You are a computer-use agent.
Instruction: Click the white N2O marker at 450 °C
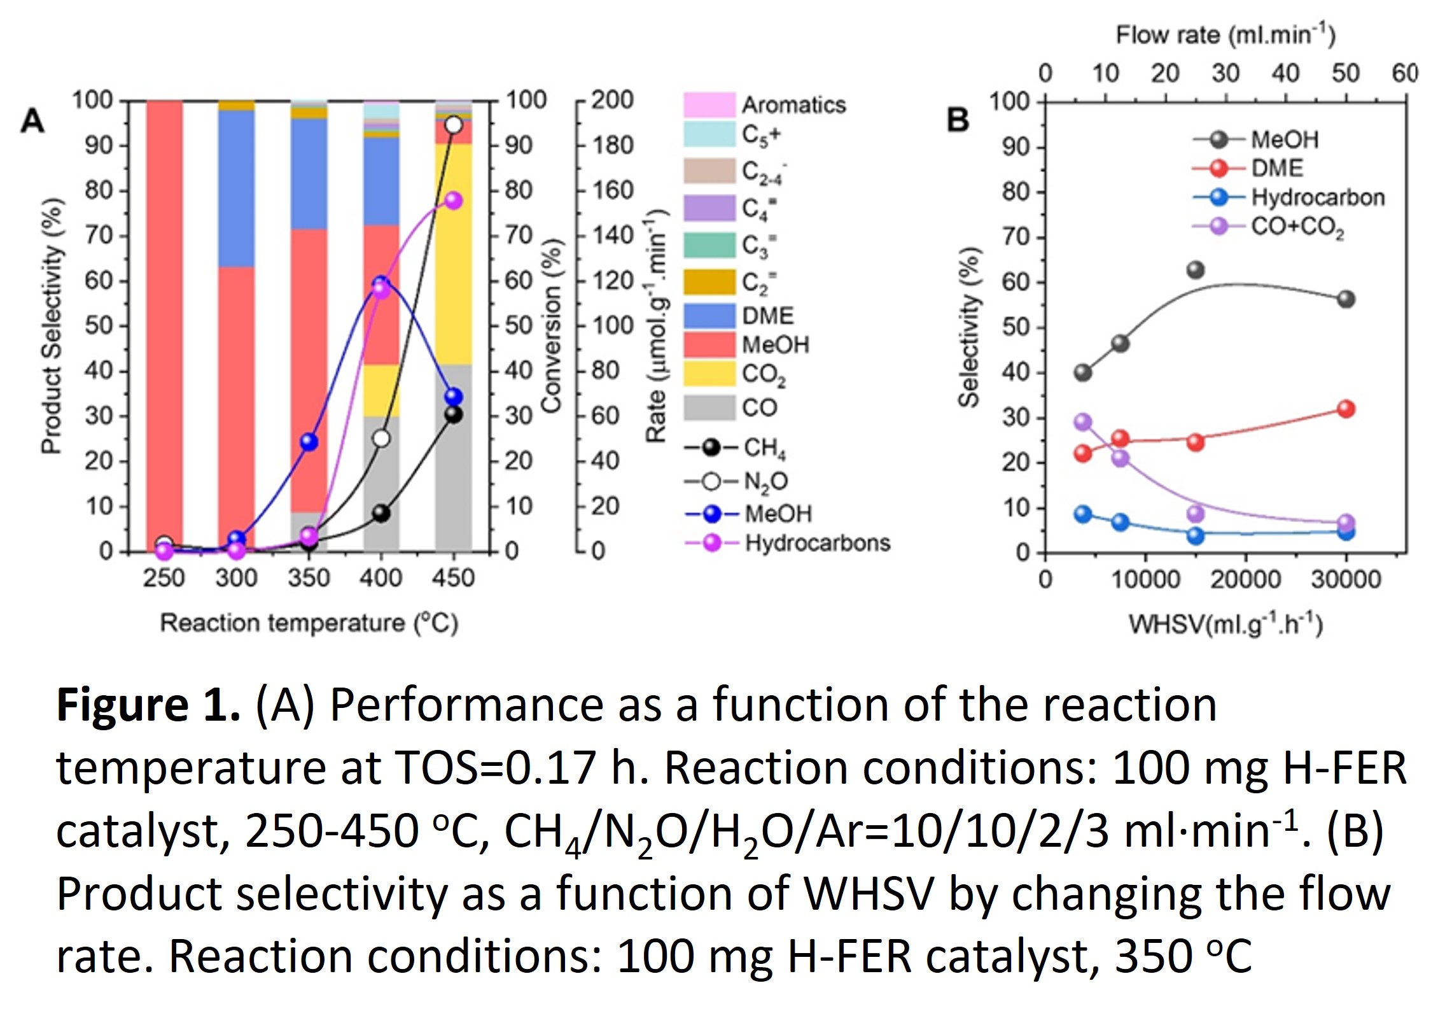click(453, 125)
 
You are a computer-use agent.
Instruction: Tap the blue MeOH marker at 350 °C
click(309, 442)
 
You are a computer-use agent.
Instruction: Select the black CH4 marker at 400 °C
click(381, 513)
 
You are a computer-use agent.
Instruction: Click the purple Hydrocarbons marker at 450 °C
click(453, 201)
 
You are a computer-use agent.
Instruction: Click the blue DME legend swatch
click(709, 316)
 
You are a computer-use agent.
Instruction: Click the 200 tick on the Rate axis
click(613, 101)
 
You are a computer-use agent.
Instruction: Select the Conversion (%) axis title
click(551, 326)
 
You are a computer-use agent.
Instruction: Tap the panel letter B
click(958, 120)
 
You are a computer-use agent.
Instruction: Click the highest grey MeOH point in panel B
click(1196, 270)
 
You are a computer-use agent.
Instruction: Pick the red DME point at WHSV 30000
click(1346, 409)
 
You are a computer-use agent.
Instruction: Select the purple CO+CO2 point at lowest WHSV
click(1083, 422)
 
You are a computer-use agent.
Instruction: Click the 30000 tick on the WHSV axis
click(1346, 579)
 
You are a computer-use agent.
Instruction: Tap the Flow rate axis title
click(1225, 34)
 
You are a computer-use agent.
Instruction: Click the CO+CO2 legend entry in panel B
click(1297, 227)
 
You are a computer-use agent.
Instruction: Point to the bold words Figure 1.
click(148, 705)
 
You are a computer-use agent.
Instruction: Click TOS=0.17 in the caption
click(495, 768)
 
